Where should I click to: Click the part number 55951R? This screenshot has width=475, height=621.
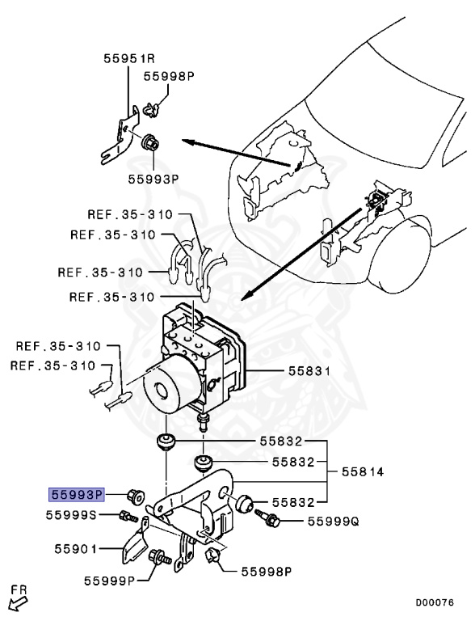(128, 58)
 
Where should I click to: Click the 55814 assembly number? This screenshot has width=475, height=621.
(364, 471)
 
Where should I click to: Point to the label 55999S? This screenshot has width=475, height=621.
(71, 515)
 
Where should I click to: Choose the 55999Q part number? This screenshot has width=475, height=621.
(332, 522)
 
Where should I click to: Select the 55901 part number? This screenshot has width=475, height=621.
(71, 549)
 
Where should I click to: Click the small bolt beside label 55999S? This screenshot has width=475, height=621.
(126, 516)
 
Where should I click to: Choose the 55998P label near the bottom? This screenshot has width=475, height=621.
(266, 572)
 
